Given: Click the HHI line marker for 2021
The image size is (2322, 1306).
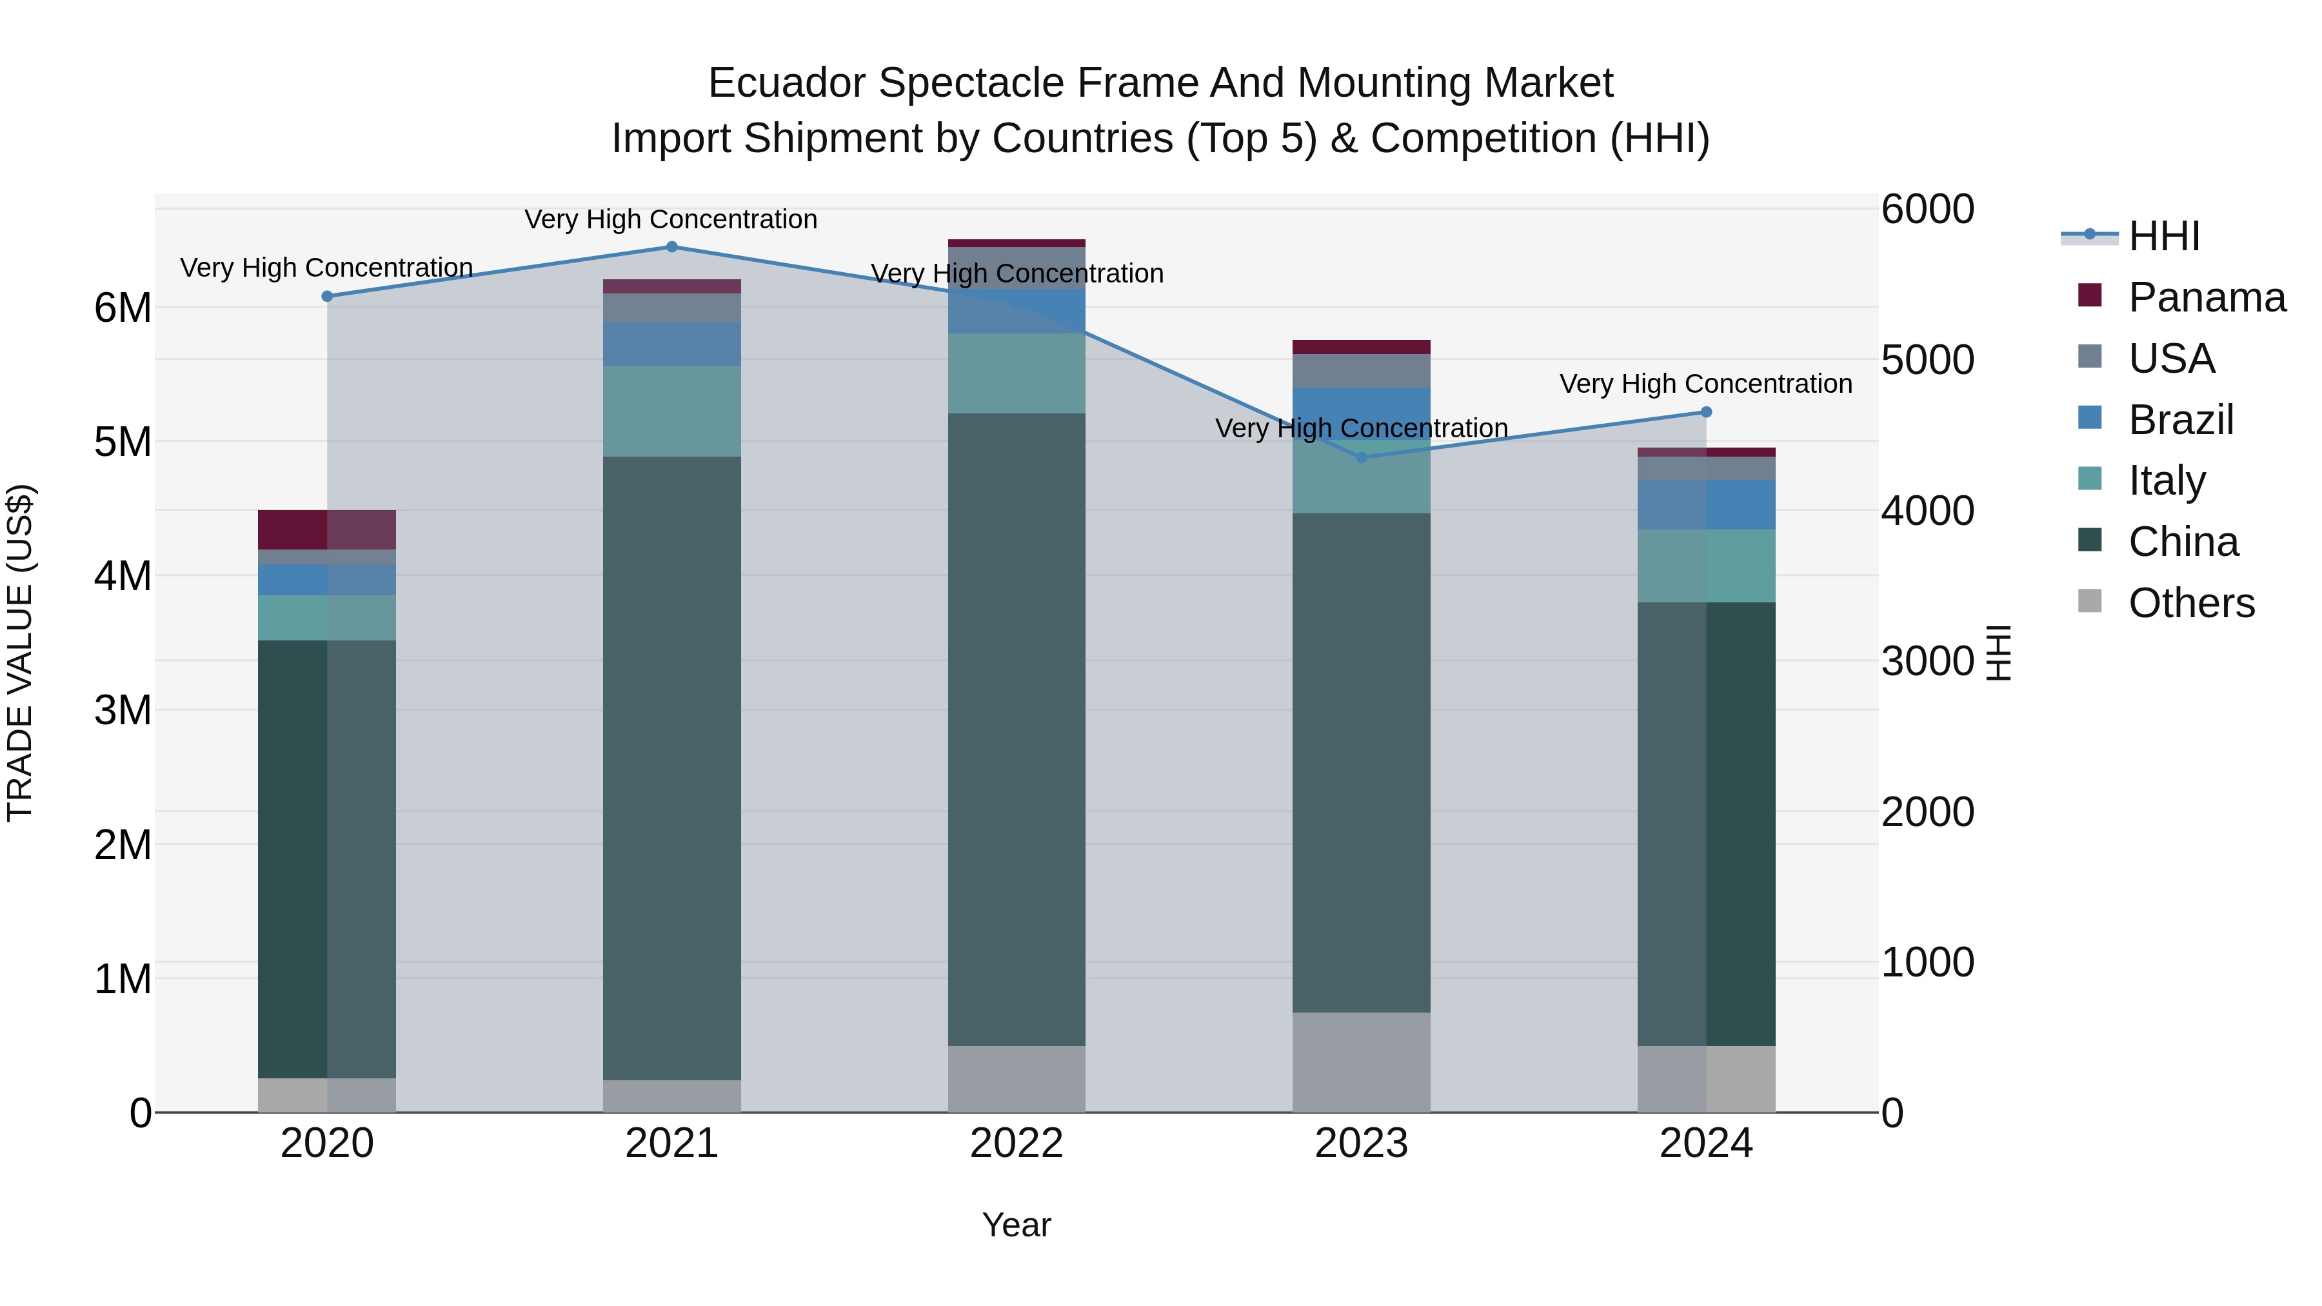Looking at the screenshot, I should pos(671,247).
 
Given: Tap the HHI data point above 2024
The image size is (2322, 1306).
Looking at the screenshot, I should pos(1705,412).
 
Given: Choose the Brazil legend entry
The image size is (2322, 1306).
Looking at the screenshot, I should pos(2179,420).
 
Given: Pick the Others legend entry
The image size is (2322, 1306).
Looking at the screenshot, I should pos(2190,603).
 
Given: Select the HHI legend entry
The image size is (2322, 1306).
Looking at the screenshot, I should pos(2163,236).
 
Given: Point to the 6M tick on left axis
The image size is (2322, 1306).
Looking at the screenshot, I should pos(123,308).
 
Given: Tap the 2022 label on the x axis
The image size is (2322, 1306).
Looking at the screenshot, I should pos(1016,1143).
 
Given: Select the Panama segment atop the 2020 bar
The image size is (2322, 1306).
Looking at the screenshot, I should pos(326,530).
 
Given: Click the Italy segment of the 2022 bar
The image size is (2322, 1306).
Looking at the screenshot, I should pos(1016,373).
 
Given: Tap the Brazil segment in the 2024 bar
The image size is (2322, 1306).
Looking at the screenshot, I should pos(1705,505).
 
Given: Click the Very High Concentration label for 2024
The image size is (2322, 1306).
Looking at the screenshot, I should pos(1705,384).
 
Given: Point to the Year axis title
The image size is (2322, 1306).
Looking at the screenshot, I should pos(1016,1225).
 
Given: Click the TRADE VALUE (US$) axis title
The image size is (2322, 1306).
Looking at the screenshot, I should pos(20,653).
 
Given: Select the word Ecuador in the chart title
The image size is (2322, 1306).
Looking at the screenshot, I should pos(786,83).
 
